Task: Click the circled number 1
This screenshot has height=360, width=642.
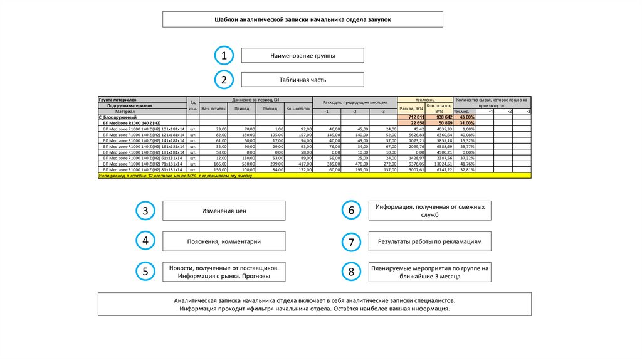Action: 223,56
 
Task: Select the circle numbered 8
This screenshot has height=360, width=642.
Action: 351,272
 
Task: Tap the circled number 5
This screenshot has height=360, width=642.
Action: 145,272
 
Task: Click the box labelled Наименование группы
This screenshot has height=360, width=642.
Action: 302,56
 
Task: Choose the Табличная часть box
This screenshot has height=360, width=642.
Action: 302,80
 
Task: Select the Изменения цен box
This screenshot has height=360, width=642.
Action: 224,211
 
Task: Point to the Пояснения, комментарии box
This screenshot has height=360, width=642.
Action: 224,241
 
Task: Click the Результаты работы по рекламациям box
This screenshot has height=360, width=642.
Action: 429,241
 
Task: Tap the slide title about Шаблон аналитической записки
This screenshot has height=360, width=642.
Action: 303,19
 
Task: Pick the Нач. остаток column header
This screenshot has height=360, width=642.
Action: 213,109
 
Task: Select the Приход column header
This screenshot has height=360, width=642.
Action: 241,109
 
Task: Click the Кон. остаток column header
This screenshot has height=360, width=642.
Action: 298,109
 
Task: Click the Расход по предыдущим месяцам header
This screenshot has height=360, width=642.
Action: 355,102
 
